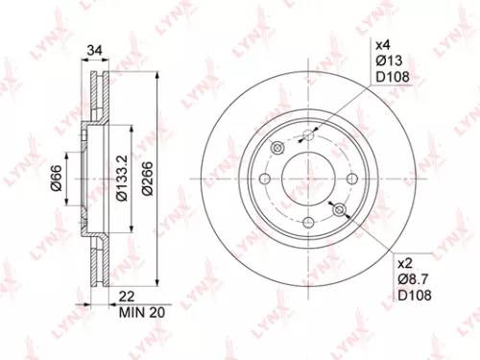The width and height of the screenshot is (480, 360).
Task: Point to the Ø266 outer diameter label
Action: tap(146, 179)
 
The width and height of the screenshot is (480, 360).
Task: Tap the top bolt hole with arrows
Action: tap(307, 135)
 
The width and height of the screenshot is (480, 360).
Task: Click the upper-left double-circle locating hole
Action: tap(277, 148)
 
